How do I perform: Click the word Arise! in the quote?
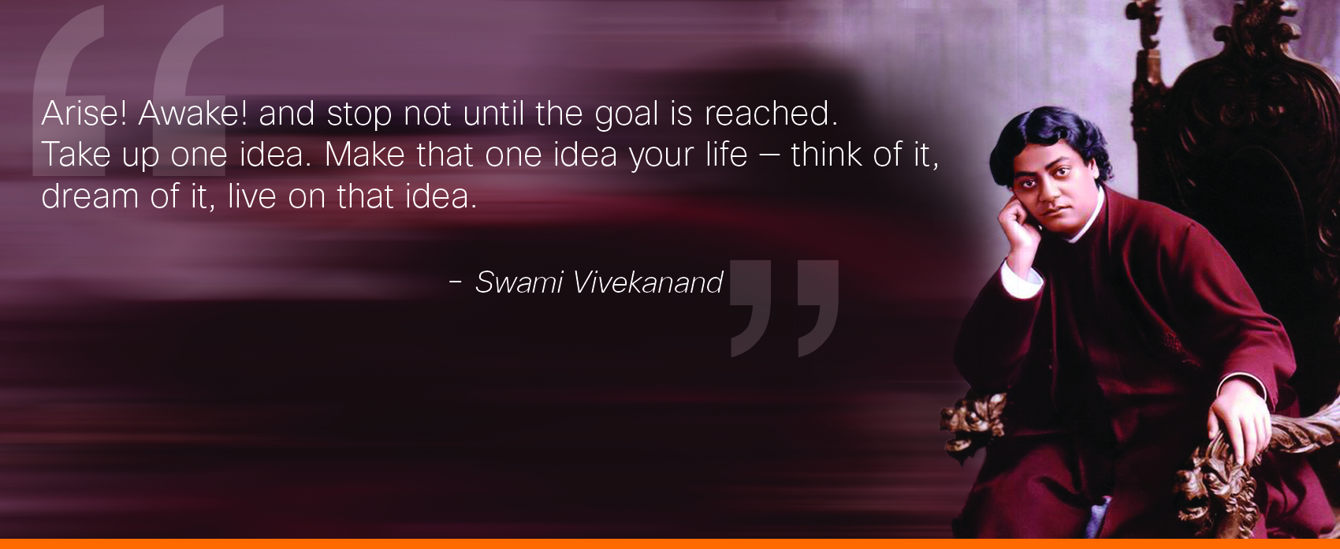pyautogui.click(x=84, y=113)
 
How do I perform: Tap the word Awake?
pyautogui.click(x=192, y=113)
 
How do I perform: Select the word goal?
pyautogui.click(x=627, y=116)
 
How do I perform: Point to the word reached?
pyautogui.click(x=771, y=113)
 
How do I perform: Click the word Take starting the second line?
pyautogui.click(x=76, y=155)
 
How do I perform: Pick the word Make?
pyautogui.click(x=364, y=155)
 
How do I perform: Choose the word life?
pyautogui.click(x=723, y=154)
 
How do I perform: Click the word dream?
pyautogui.click(x=90, y=196)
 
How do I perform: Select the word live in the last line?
pyautogui.click(x=252, y=196)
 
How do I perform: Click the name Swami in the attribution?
pyautogui.click(x=519, y=282)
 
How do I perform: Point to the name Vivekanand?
pyautogui.click(x=648, y=282)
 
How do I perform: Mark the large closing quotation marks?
pyautogui.click(x=784, y=308)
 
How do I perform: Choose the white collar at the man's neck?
pyautogui.click(x=1089, y=222)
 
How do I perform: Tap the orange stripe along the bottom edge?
pyautogui.click(x=670, y=543)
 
